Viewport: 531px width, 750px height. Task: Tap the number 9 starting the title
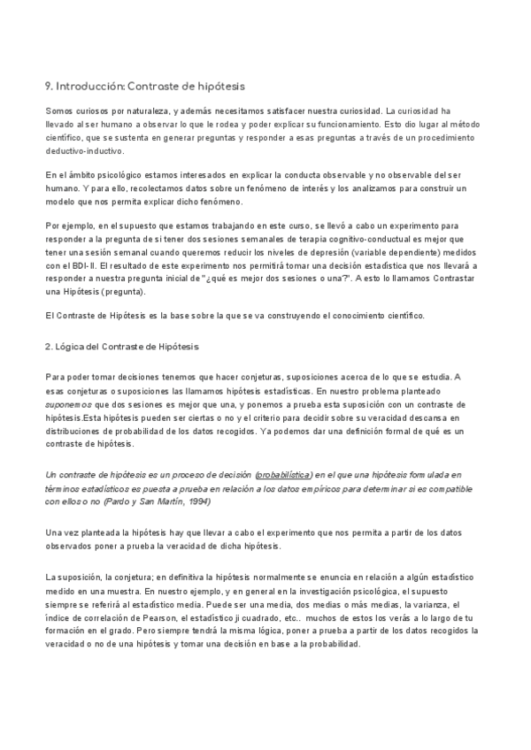click(48, 86)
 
